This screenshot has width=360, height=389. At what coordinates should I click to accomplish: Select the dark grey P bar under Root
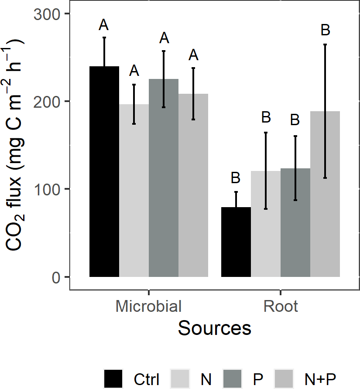click(x=295, y=222)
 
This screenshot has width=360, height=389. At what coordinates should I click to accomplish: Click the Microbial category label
click(x=148, y=306)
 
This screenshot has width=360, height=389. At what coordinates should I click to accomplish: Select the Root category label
click(x=281, y=306)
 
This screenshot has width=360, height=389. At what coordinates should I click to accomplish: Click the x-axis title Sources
click(x=215, y=328)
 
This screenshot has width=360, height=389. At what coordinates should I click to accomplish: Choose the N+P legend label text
click(x=321, y=378)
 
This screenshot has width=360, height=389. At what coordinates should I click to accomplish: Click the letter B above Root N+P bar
click(x=325, y=31)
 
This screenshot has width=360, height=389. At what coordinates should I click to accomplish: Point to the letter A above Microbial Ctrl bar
click(x=104, y=25)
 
